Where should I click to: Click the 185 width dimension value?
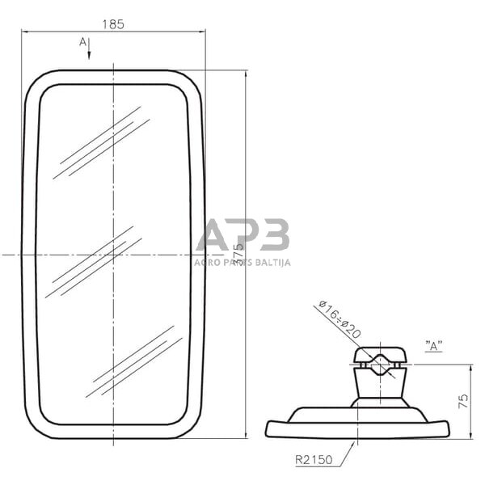(x=113, y=24)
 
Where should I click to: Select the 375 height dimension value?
(x=238, y=255)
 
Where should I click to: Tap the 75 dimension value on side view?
(x=462, y=402)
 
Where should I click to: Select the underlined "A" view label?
(x=433, y=346)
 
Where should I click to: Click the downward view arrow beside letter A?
(x=89, y=50)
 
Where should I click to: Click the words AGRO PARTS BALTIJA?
(x=242, y=263)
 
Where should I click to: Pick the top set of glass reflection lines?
(x=101, y=143)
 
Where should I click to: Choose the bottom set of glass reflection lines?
(x=133, y=361)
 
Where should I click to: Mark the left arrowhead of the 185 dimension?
(x=24, y=32)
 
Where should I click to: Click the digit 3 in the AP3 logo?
(x=273, y=235)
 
